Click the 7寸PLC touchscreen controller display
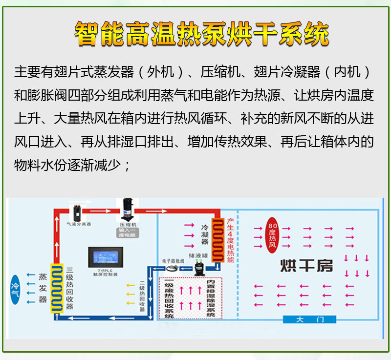tap(106, 258)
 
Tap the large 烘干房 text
tap(306, 266)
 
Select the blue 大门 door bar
tap(309, 320)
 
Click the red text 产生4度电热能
tap(230, 240)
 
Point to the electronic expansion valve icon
tap(172, 268)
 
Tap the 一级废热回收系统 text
tap(169, 298)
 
